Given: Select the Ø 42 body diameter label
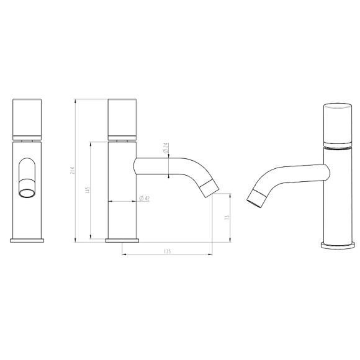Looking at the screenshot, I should [143, 198].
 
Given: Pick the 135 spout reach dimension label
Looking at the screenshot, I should [167, 251].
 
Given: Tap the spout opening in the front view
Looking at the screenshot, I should [27, 193].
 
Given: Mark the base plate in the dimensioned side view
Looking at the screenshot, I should [122, 240].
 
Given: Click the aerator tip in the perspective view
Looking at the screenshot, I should [256, 197].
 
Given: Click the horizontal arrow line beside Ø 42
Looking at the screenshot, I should [122, 202].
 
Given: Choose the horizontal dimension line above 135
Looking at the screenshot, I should [167, 254].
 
